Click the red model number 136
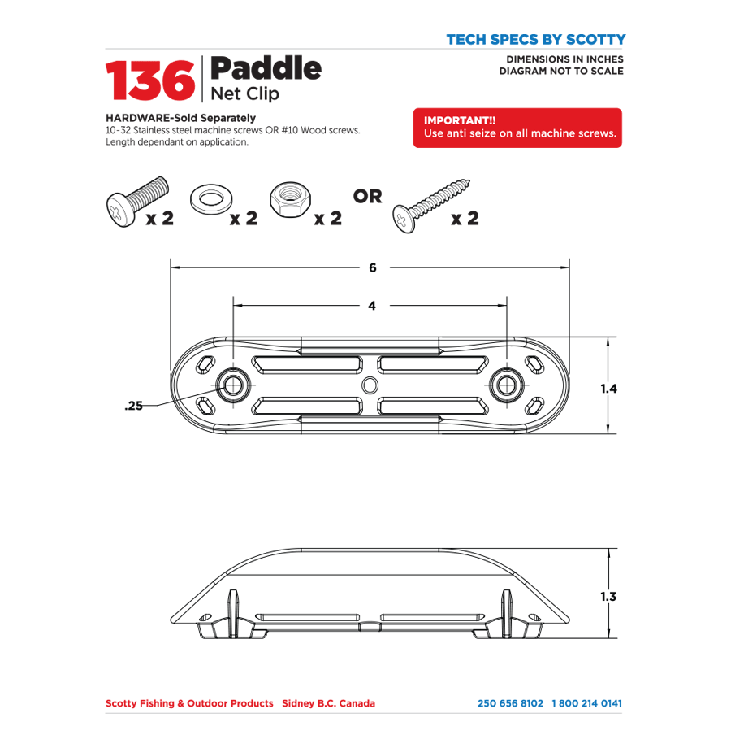(x=149, y=80)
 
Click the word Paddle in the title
(x=266, y=68)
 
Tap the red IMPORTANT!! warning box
(x=517, y=128)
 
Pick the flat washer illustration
(x=209, y=198)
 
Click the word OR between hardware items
(x=367, y=197)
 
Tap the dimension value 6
(x=372, y=267)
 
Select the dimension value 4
(x=372, y=306)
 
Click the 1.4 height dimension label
(x=610, y=389)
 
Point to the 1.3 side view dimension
(x=608, y=597)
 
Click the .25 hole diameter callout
(x=133, y=406)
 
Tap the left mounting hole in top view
(x=234, y=384)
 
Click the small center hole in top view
(x=370, y=385)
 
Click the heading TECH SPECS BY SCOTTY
(x=535, y=39)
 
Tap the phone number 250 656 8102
(x=510, y=703)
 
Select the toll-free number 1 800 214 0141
(x=587, y=703)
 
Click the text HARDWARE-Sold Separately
(x=180, y=118)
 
